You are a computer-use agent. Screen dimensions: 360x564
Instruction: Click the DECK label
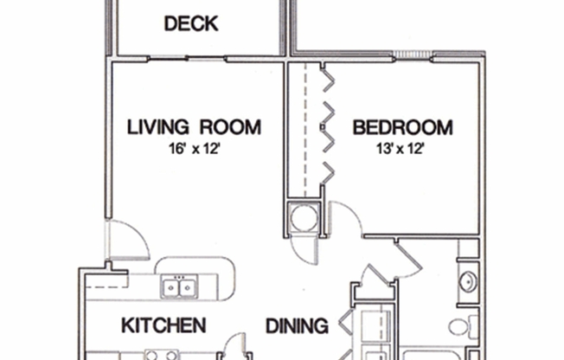pyautogui.click(x=191, y=23)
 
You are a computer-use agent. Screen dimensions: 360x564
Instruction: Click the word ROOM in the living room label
pyautogui.click(x=230, y=128)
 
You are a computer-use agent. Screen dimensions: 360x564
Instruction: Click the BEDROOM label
pyautogui.click(x=402, y=128)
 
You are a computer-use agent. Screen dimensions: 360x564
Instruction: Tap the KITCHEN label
pyautogui.click(x=163, y=326)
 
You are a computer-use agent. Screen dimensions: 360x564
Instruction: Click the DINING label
pyautogui.click(x=296, y=326)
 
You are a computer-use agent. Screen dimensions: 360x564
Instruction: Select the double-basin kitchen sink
pyautogui.click(x=179, y=286)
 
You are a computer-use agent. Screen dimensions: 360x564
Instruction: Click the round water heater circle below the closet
pyautogui.click(x=304, y=217)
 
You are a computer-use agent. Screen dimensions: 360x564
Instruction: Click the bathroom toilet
pyautogui.click(x=460, y=327)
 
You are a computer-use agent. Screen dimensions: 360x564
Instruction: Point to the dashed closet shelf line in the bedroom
pyautogui.click(x=304, y=130)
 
